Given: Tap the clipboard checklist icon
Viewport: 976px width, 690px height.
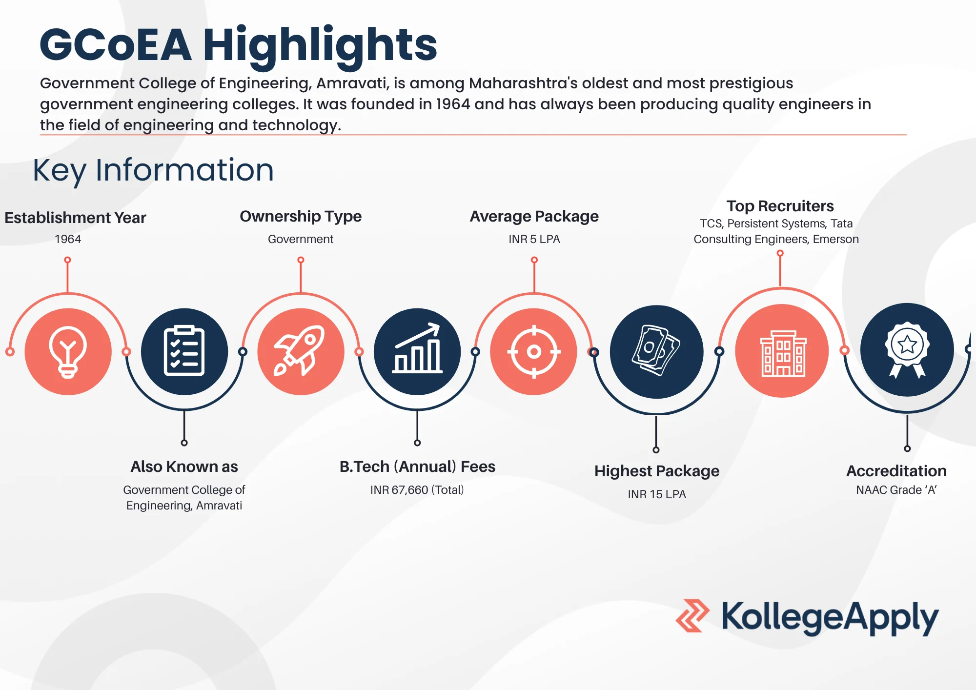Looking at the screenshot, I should coord(184,351).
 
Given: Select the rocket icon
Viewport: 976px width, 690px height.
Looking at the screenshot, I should coord(300,351).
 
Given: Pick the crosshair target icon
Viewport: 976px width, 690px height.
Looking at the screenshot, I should coord(534,351).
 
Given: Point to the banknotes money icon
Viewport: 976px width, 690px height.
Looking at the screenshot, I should coord(656,351).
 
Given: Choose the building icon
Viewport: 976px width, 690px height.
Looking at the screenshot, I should coord(782,351).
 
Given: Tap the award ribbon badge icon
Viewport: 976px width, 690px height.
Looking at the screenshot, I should coord(907,350).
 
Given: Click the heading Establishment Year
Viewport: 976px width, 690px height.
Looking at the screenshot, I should coord(75,218).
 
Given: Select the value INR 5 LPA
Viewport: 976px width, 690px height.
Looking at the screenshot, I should coord(534,239).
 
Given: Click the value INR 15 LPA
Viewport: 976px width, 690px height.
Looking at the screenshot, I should coord(656,494).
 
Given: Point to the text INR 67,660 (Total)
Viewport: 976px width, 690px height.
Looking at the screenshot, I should coord(417,490).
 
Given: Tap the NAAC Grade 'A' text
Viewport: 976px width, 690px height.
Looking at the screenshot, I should coord(896,490).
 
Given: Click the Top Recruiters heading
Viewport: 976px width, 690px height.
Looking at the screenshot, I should coord(780,206).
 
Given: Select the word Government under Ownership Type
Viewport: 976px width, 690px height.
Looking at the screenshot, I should coord(301,239).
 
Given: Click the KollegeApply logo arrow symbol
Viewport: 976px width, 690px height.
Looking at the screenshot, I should coord(692,616).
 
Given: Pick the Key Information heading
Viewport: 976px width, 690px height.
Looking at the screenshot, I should coord(153,170).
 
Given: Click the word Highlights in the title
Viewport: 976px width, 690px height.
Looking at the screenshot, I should coord(320,45).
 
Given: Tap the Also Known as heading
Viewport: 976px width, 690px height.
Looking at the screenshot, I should coord(184,467).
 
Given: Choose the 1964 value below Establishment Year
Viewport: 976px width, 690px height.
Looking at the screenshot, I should coord(68,239).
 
